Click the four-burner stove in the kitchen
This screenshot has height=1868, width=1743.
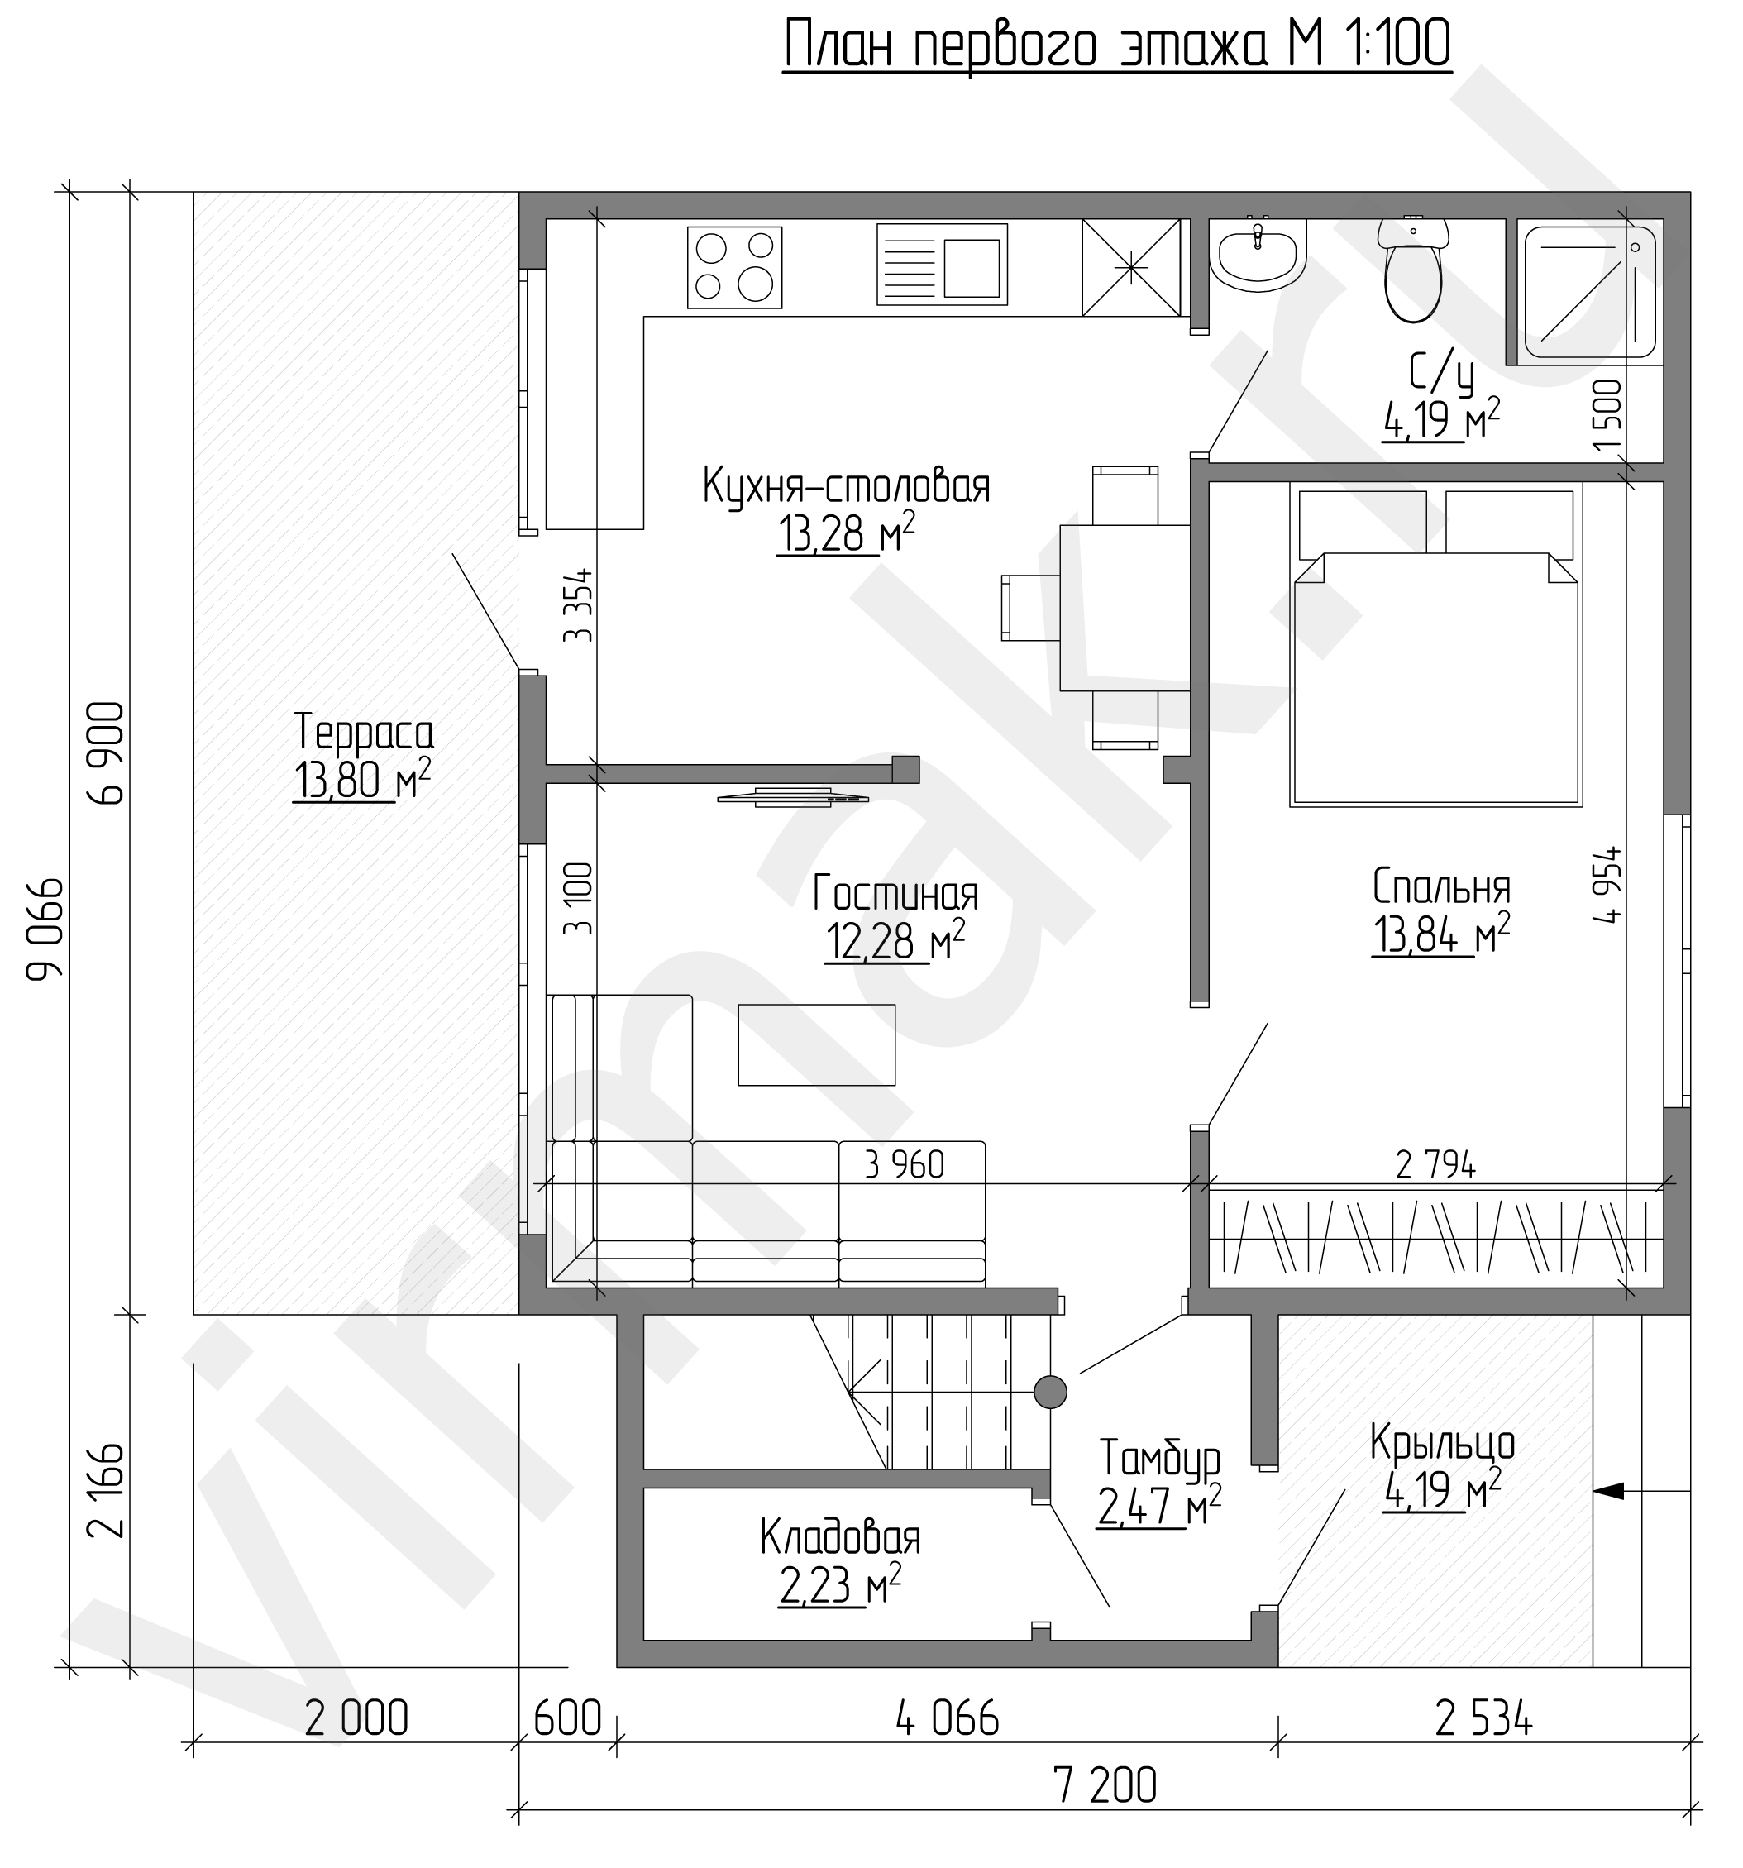pyautogui.click(x=735, y=267)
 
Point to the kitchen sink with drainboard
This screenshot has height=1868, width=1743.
pyautogui.click(x=942, y=264)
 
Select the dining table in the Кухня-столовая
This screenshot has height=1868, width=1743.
pyautogui.click(x=1125, y=608)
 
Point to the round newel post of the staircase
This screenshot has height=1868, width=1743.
pyautogui.click(x=1049, y=1392)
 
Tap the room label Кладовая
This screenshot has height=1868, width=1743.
pyautogui.click(x=840, y=1538)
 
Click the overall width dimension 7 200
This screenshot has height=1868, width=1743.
pyautogui.click(x=1106, y=1785)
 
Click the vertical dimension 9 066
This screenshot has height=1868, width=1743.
pyautogui.click(x=46, y=929)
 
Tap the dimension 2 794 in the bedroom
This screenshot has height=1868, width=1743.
pyautogui.click(x=1435, y=1165)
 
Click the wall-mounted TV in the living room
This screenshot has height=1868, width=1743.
pyautogui.click(x=792, y=797)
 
